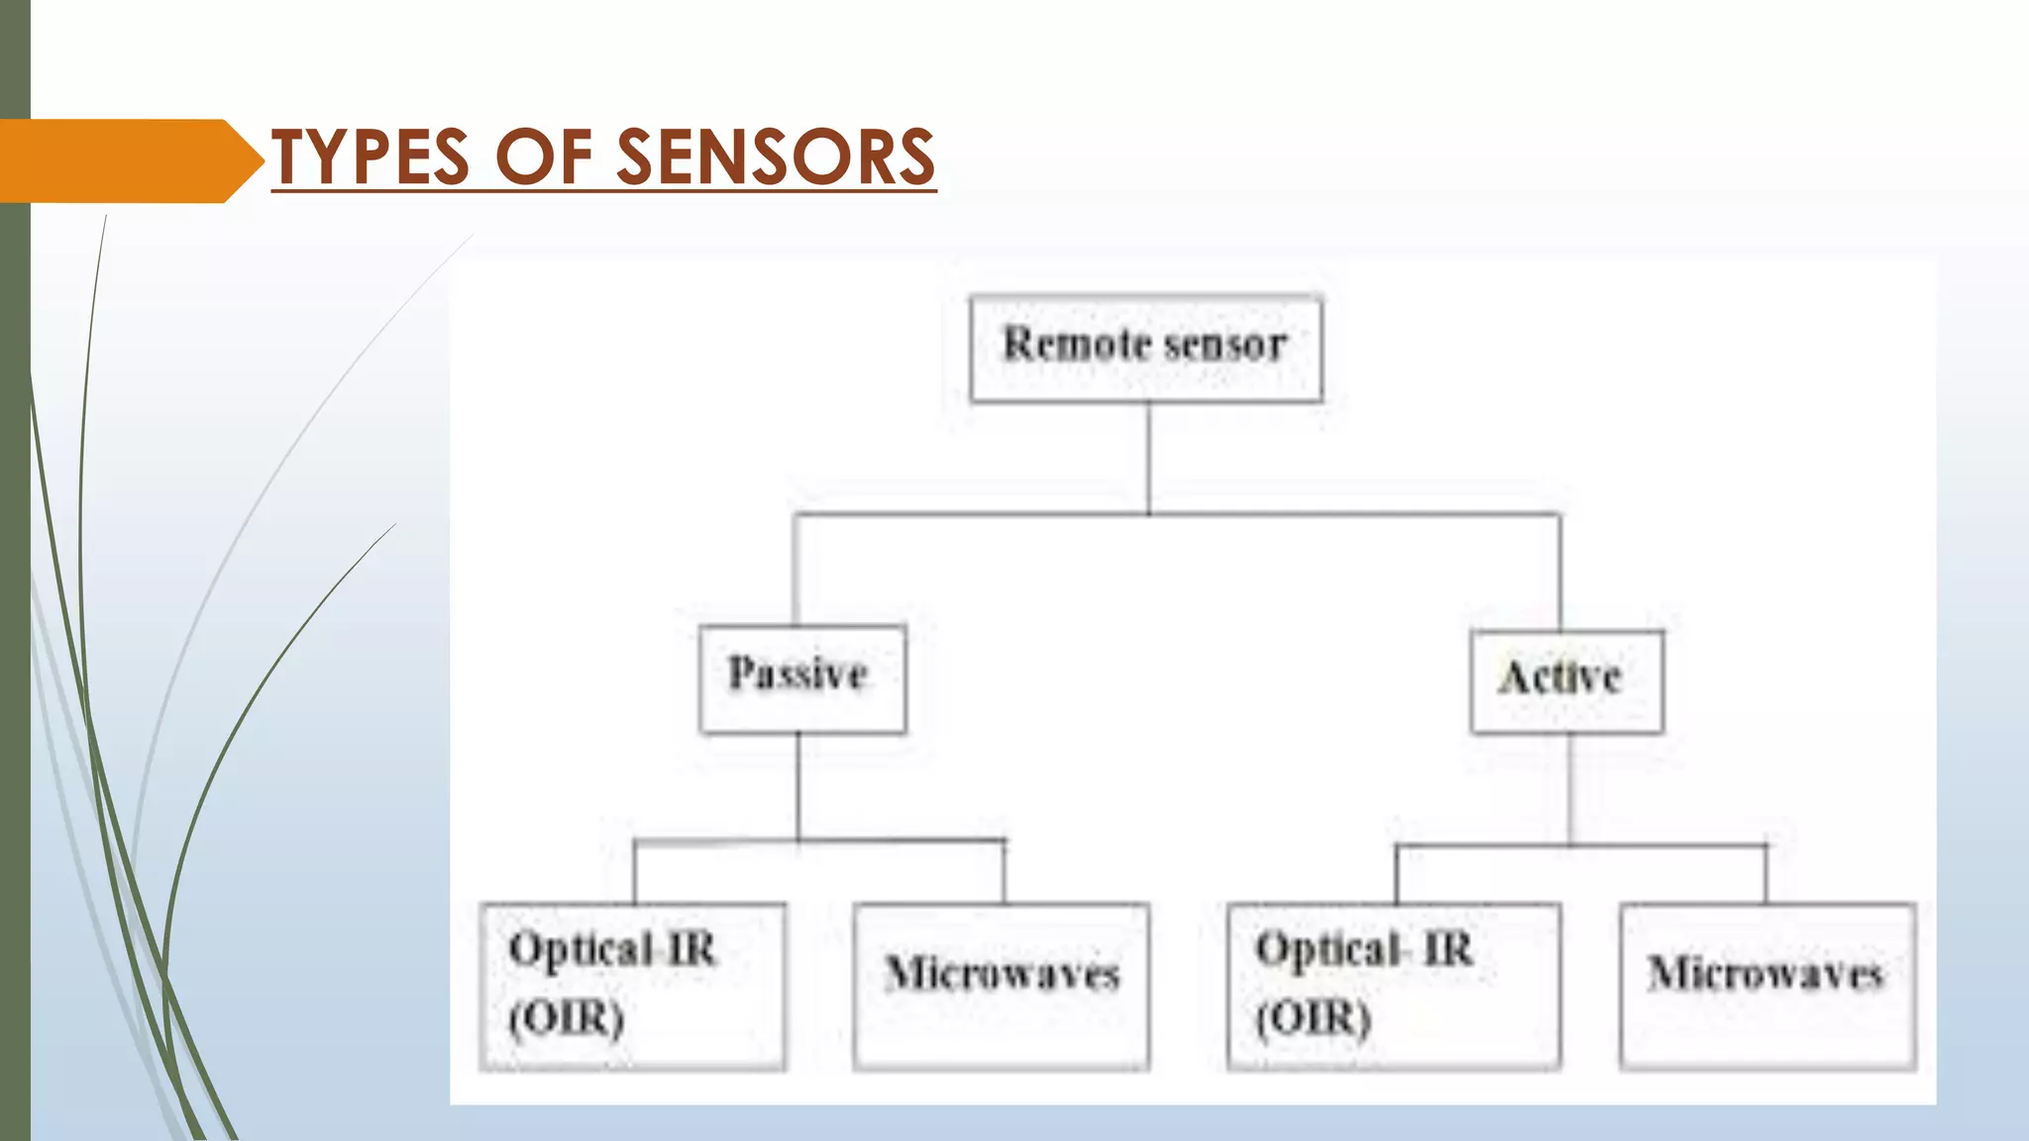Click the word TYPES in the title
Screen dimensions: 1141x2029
[371, 157]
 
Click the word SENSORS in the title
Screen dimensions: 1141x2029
[776, 157]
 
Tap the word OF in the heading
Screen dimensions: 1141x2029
[543, 157]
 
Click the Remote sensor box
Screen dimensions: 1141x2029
[1145, 349]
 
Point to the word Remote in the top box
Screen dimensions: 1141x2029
[1075, 344]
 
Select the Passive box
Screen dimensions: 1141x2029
[801, 678]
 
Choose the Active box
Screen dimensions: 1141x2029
[1566, 681]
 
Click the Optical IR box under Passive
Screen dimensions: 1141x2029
[632, 985]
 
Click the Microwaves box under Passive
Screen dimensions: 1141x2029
[1002, 985]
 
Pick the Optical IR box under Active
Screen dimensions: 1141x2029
[1393, 985]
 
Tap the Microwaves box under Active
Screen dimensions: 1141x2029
[1766, 985]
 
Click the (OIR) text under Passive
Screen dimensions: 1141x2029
[567, 1017]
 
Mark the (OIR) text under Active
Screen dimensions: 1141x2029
[1314, 1017]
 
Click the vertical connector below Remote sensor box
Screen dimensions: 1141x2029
[1148, 458]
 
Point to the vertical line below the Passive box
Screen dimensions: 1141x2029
[799, 787]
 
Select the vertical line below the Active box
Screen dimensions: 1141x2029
[1569, 789]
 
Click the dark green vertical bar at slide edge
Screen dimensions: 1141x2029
[15, 693]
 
